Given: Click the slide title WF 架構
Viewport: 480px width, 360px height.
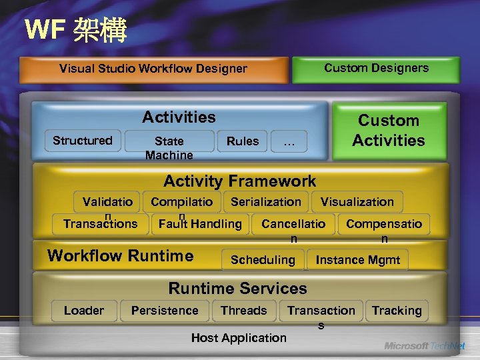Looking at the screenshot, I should pos(75,30).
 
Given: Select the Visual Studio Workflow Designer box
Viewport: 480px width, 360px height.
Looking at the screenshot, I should pos(153,69).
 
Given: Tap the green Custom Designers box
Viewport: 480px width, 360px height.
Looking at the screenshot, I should pos(376,68).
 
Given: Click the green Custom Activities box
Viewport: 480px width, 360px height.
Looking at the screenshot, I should pos(389,131).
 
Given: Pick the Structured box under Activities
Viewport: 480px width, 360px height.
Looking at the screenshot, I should pos(83,141).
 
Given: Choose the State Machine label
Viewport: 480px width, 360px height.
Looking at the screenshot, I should pos(169,148).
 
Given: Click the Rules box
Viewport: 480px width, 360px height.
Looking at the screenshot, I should pos(243,141).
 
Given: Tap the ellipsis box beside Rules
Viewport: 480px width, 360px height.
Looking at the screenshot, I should pos(289,141).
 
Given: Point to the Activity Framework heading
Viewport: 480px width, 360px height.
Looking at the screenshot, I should pos(239,181).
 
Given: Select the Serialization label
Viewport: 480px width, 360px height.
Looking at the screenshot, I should pos(266,201).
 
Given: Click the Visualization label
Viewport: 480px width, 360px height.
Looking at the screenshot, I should pos(357,201).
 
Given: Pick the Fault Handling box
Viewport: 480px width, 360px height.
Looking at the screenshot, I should pos(200,224).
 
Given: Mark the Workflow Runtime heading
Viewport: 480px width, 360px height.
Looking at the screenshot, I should pos(121,255).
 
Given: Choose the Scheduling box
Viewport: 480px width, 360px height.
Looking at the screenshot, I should pos(263,260).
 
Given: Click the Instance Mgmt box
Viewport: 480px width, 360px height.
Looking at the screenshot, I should pos(358,260).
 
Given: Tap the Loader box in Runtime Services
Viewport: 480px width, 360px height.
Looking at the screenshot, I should pos(84,311).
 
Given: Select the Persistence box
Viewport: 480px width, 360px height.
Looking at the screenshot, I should pos(165,311).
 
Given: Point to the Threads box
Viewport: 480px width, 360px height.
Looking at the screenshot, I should pos(243,311).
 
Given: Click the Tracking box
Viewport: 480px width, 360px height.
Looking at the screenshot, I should pos(397,311).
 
